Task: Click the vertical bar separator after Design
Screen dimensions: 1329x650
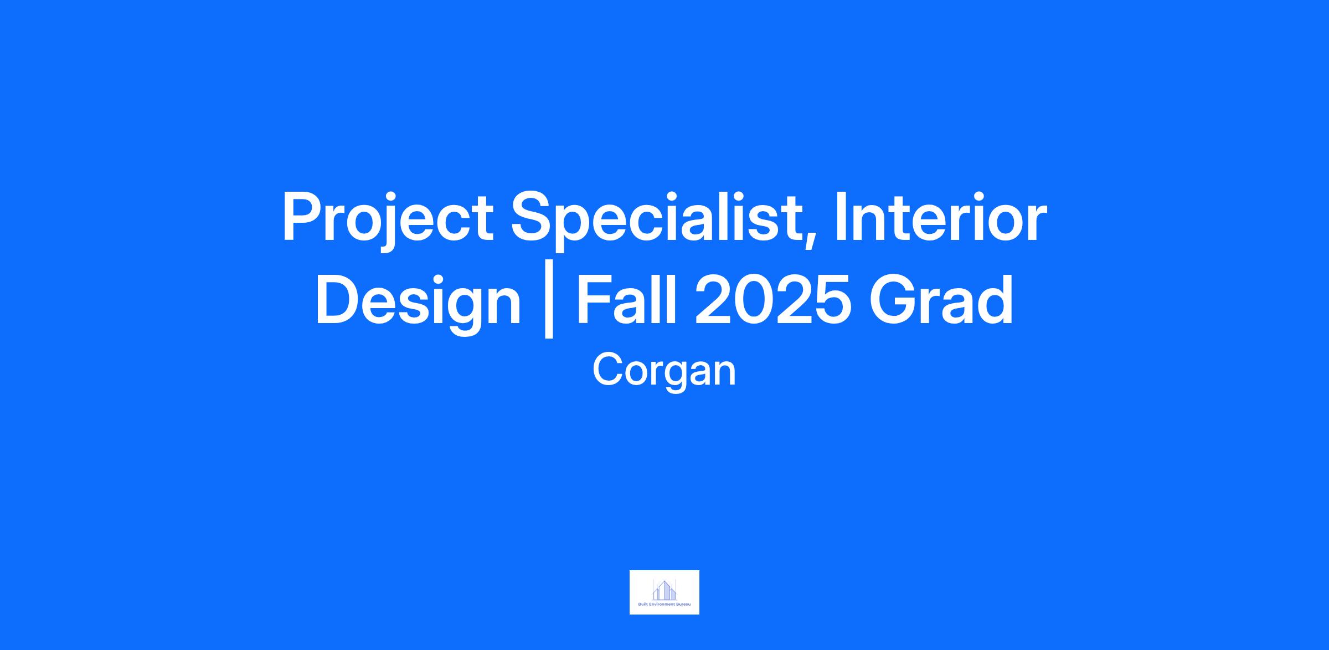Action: [549, 305]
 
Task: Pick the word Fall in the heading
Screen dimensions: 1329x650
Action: [627, 300]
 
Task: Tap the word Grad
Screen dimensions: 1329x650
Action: [941, 300]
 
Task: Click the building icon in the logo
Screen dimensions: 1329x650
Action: [664, 590]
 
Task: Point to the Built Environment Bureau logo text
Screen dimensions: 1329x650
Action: [664, 605]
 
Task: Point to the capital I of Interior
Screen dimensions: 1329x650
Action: [839, 217]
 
